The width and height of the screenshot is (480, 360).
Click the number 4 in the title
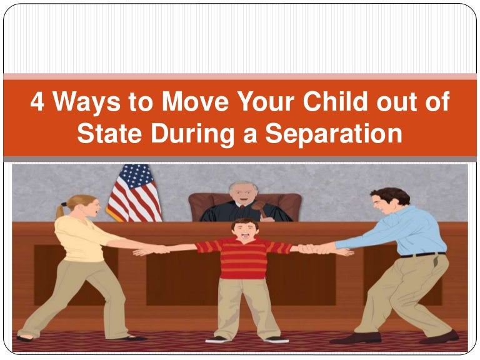pos(37,102)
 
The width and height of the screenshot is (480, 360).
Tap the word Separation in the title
pos(334,134)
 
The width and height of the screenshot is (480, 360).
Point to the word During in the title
pos(192,135)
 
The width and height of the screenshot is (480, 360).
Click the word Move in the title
pos(195,102)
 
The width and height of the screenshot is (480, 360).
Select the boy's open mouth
pos(245,236)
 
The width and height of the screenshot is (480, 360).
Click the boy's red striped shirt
pos(244,257)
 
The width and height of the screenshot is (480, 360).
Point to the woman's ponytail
pos(60,211)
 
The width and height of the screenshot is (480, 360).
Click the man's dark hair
pos(392,195)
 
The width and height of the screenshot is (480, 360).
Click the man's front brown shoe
pos(355,338)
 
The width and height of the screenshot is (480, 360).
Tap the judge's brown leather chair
pos(245,206)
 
